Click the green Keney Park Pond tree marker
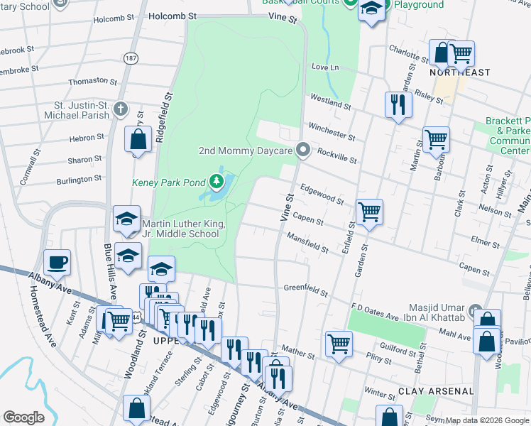click(x=216, y=182)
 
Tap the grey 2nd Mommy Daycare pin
click(x=304, y=151)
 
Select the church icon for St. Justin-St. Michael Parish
click(x=121, y=109)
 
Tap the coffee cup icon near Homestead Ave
click(x=57, y=262)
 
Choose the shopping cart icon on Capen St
click(x=369, y=211)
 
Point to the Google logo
click(x=23, y=417)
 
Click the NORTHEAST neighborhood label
click(x=460, y=73)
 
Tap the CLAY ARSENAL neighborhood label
click(x=436, y=391)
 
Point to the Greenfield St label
click(x=305, y=292)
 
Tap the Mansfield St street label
click(x=307, y=246)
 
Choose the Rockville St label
click(x=336, y=154)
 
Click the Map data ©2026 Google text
click(x=486, y=420)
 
